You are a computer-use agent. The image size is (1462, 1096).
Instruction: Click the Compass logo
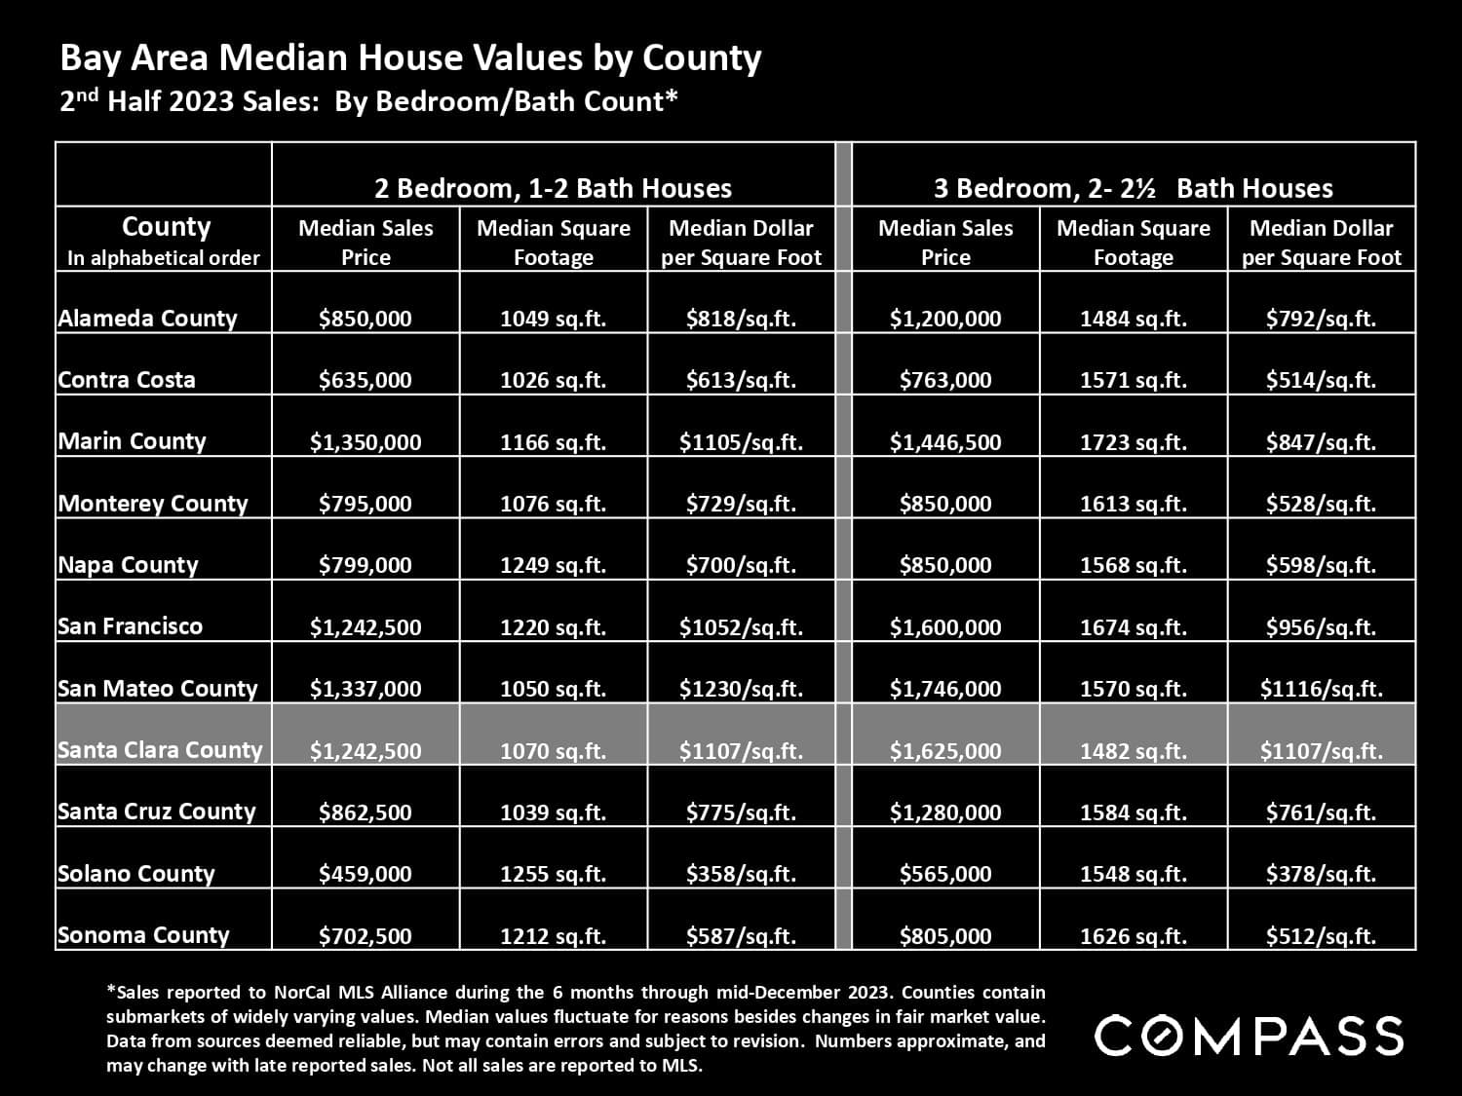[1249, 1035]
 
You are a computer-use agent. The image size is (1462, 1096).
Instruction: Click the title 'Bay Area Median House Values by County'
[410, 58]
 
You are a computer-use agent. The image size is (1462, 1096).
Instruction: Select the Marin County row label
[133, 441]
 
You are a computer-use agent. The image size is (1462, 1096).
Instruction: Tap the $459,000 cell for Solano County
[365, 874]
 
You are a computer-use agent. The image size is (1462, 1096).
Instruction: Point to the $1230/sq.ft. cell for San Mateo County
[741, 689]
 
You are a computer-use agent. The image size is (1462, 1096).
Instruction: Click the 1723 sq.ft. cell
[1133, 442]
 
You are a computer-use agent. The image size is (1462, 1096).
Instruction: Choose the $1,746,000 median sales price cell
[944, 689]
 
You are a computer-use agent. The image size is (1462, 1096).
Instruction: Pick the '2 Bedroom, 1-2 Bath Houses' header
[553, 188]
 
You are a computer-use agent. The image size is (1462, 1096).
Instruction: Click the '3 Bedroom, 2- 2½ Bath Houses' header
[1133, 188]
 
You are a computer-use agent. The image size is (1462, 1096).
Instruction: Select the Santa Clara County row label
[160, 750]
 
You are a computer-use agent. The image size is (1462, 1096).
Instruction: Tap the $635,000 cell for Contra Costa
[365, 380]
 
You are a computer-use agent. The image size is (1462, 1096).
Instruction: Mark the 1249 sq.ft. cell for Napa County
[553, 565]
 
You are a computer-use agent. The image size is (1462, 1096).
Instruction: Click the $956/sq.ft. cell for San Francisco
[1321, 627]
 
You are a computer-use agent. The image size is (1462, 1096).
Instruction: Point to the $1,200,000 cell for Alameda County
[944, 319]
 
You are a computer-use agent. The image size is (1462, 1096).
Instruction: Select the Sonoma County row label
[143, 935]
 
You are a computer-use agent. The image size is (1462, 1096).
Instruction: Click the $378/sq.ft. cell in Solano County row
[1321, 874]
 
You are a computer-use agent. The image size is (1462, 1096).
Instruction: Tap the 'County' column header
[166, 227]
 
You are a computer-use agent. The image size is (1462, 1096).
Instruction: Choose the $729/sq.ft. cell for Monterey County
[741, 504]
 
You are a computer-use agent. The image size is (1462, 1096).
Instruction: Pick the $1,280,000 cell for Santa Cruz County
[944, 813]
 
